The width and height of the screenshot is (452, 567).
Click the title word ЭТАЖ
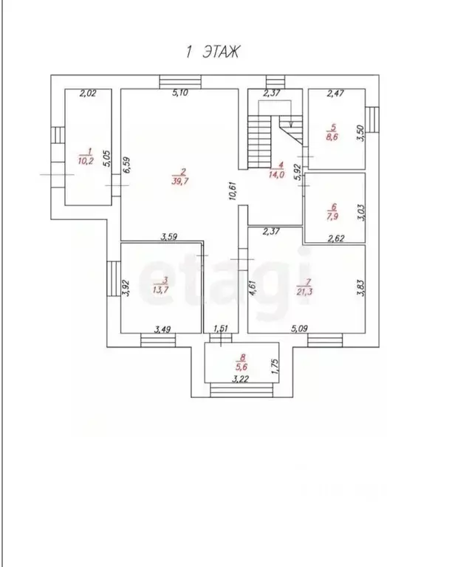[221, 52]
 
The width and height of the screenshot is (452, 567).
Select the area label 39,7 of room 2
[179, 181]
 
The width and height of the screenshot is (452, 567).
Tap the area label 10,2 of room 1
[86, 161]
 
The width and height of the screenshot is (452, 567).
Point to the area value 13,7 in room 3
[161, 289]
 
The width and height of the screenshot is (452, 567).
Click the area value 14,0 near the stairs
[277, 175]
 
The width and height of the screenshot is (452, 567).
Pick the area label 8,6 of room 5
[332, 137]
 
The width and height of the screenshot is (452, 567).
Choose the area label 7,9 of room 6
[332, 216]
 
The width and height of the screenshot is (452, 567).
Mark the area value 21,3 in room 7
[304, 292]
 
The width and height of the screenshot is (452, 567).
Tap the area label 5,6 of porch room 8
[241, 368]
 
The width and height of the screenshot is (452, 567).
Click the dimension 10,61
[233, 190]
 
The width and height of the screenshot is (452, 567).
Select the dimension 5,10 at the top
[179, 93]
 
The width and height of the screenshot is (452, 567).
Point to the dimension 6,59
[126, 165]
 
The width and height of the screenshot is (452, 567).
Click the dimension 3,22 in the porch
[241, 379]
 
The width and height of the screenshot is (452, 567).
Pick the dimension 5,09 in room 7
[299, 329]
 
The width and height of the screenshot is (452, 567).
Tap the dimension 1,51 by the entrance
[221, 329]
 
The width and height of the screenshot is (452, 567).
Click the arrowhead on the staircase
[291, 124]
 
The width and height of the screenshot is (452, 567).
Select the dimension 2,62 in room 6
[336, 238]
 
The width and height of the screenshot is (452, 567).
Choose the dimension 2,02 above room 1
[87, 93]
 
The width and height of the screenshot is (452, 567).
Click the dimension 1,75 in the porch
[275, 366]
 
